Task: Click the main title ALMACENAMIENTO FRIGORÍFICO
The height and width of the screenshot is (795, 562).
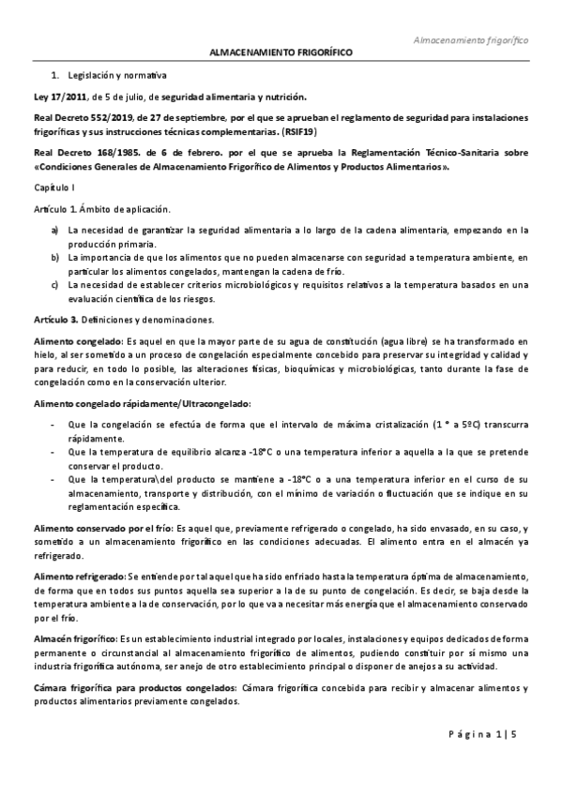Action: click(281, 55)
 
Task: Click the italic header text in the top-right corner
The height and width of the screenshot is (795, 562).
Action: click(472, 41)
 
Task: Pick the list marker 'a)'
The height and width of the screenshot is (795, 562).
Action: click(56, 229)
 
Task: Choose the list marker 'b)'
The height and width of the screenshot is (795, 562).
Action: click(56, 256)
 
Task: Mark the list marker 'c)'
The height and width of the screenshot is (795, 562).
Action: click(56, 284)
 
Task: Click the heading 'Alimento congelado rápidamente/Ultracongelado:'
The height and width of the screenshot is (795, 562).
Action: click(142, 403)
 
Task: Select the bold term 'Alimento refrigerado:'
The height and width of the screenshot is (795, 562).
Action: click(78, 576)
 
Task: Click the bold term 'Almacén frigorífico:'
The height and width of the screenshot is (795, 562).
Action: click(76, 638)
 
